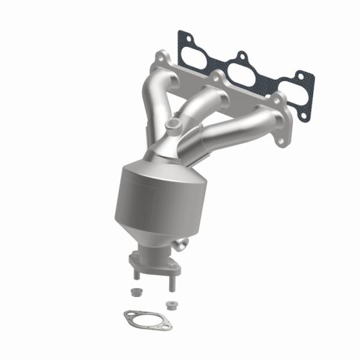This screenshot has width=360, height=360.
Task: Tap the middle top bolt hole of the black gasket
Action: (x=241, y=58)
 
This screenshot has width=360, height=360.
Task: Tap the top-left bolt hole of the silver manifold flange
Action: (x=161, y=59)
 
